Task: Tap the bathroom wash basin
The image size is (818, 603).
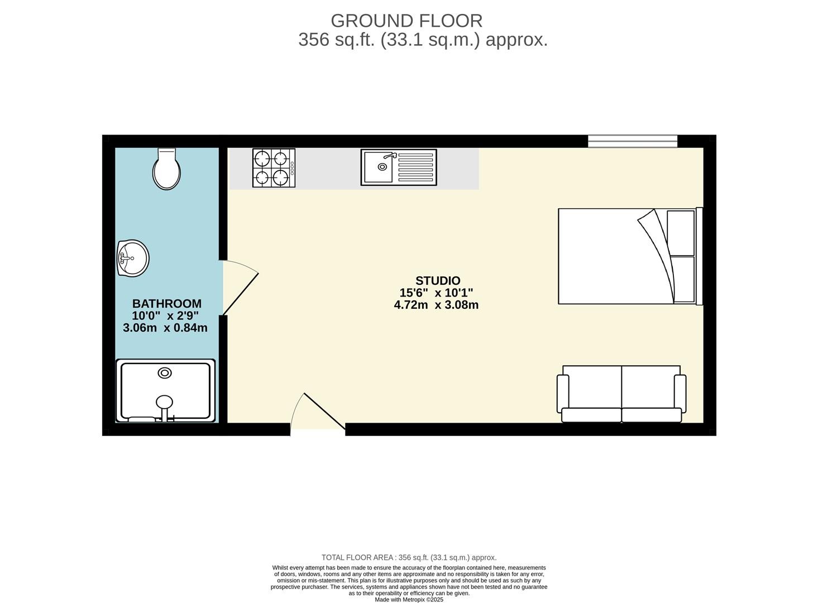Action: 133,258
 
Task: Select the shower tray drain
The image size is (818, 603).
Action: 165,373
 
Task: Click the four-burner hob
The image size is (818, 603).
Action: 274,167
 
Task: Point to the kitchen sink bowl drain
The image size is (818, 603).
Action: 382,166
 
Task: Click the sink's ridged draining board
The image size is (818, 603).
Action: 415,167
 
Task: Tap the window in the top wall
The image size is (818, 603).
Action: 633,141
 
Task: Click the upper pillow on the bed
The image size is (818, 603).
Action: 681,233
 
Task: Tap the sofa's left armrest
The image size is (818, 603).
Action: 563,394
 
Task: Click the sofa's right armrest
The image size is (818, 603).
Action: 680,394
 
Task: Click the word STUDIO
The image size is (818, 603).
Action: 438,280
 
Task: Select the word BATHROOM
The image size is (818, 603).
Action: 167,304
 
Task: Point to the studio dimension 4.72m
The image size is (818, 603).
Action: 411,305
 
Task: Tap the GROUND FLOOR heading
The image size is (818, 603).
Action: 406,21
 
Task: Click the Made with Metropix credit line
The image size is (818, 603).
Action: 409,600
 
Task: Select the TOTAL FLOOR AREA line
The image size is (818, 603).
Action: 409,558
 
